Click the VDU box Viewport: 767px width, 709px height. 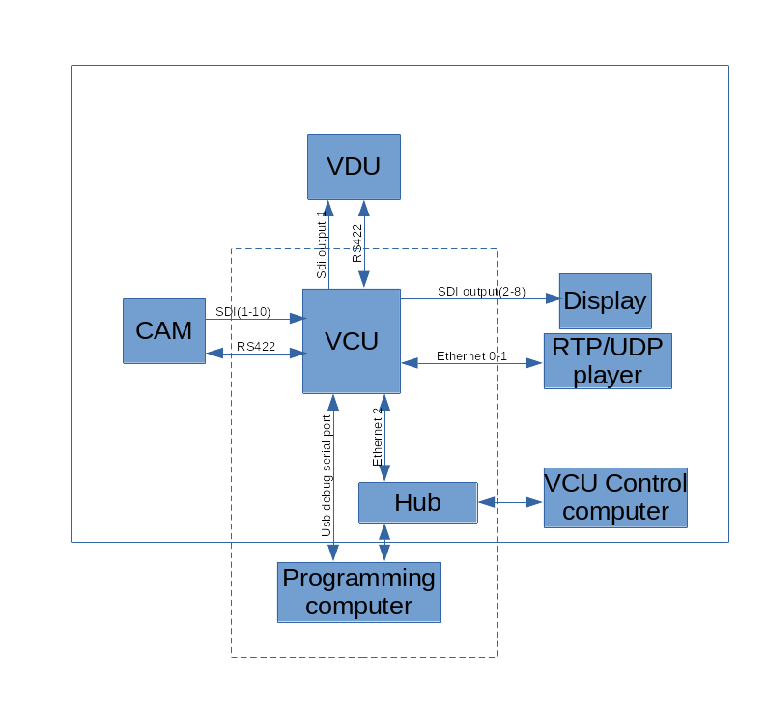click(x=354, y=167)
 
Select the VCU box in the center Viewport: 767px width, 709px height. click(x=352, y=341)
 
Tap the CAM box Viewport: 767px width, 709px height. click(x=164, y=330)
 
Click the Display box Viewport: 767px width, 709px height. click(x=605, y=300)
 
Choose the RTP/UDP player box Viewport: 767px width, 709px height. click(x=608, y=360)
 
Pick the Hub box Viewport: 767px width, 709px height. click(x=417, y=502)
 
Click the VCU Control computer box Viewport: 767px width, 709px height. click(x=615, y=497)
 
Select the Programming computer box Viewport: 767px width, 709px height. click(x=358, y=592)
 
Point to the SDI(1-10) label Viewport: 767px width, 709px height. click(x=242, y=312)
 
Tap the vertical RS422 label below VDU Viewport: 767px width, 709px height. click(x=357, y=243)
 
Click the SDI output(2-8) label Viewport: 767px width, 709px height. click(x=481, y=291)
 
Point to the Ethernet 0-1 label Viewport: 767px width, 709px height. click(x=472, y=356)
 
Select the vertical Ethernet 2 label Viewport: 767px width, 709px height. click(x=378, y=433)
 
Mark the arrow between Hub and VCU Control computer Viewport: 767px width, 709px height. click(x=510, y=502)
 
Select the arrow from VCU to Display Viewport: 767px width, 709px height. click(x=480, y=299)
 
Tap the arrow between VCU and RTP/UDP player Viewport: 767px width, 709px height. click(x=471, y=364)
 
